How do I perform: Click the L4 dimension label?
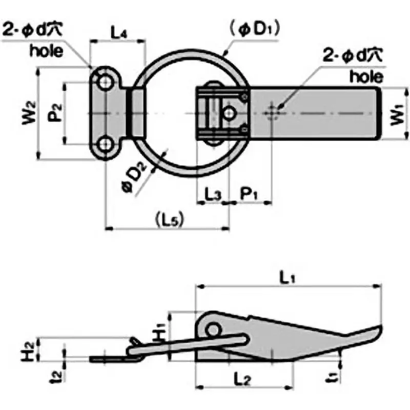[119, 33]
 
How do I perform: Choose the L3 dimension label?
[213, 194]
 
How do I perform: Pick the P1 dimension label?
[249, 194]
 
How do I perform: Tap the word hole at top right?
[366, 77]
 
